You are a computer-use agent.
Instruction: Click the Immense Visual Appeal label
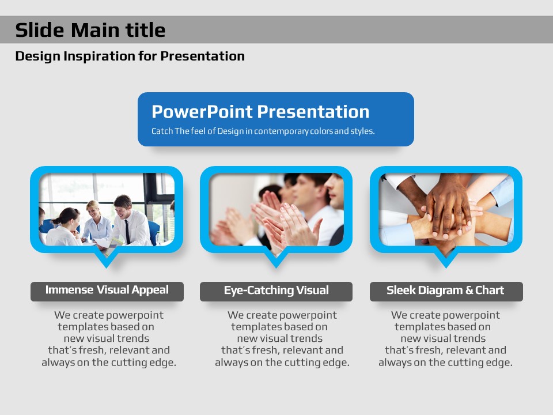pos(107,290)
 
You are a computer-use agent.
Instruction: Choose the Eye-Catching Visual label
pos(276,290)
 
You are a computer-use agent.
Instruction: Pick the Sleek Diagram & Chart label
pos(445,290)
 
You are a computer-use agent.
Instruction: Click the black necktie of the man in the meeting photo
pos(127,231)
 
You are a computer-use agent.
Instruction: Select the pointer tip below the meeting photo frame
pos(106,267)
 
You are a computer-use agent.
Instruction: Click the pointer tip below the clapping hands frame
pos(276,267)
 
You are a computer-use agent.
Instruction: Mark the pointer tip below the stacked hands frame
pos(446,267)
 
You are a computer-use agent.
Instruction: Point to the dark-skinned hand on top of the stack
pos(447,208)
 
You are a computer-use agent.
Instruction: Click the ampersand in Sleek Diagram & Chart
pos(469,290)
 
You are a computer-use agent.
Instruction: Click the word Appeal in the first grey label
pos(150,290)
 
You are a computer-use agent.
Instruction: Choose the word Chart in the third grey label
pos(490,290)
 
